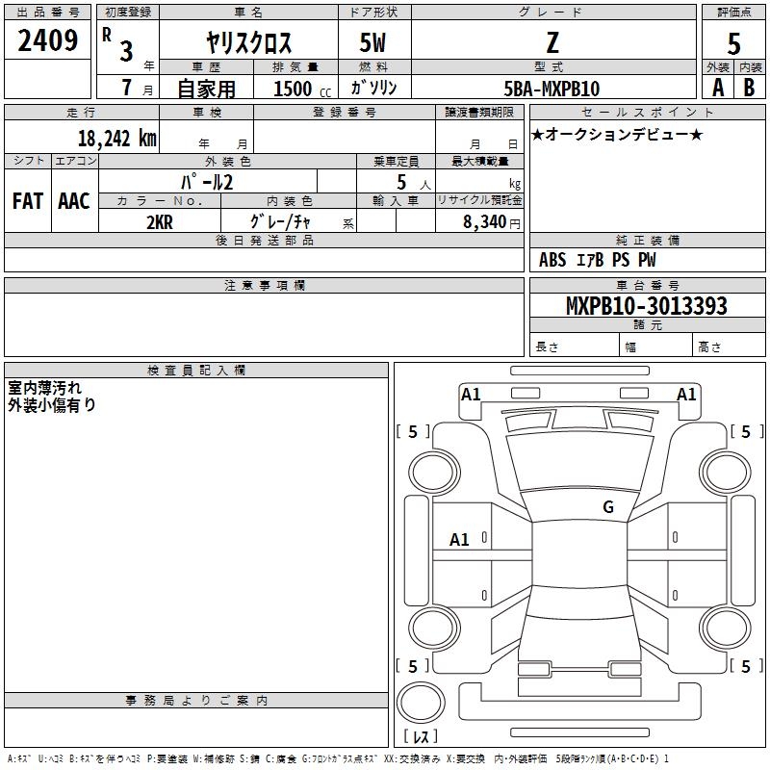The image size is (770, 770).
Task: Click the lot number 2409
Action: [x=48, y=39]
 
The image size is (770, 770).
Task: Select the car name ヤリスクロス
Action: [x=249, y=43]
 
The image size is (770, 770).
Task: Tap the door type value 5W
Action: [x=373, y=43]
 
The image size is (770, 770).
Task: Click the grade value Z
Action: [x=552, y=41]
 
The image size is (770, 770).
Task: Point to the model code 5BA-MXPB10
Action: [x=552, y=88]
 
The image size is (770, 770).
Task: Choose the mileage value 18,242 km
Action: [x=116, y=137]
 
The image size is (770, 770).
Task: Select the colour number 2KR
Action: [x=160, y=221]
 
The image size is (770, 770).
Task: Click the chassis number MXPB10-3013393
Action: [x=646, y=306]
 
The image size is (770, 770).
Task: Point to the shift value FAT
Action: [x=27, y=201]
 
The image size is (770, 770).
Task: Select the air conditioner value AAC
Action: [x=73, y=201]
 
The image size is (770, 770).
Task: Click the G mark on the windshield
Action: [x=607, y=506]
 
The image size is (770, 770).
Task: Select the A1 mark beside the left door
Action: [x=459, y=540]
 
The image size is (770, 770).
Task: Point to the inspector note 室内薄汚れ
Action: [x=45, y=387]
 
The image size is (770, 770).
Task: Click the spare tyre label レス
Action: [x=424, y=736]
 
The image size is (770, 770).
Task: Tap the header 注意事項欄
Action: [x=264, y=286]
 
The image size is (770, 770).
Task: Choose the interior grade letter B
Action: [x=749, y=88]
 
